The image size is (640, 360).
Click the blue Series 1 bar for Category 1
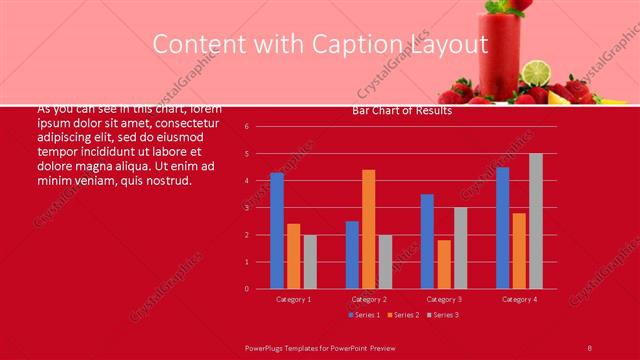277,230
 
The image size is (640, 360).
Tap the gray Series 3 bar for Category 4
536,221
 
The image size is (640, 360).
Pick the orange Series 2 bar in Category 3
444,264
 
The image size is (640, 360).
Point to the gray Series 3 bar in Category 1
310,261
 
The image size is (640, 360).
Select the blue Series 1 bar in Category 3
427,241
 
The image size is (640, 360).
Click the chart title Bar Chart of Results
402,111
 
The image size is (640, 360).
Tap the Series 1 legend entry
364,315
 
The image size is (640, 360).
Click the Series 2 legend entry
403,315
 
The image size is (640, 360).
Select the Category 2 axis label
369,299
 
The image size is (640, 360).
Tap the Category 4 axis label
519,299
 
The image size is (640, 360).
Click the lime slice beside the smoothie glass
538,73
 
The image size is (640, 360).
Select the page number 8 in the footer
590,347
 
